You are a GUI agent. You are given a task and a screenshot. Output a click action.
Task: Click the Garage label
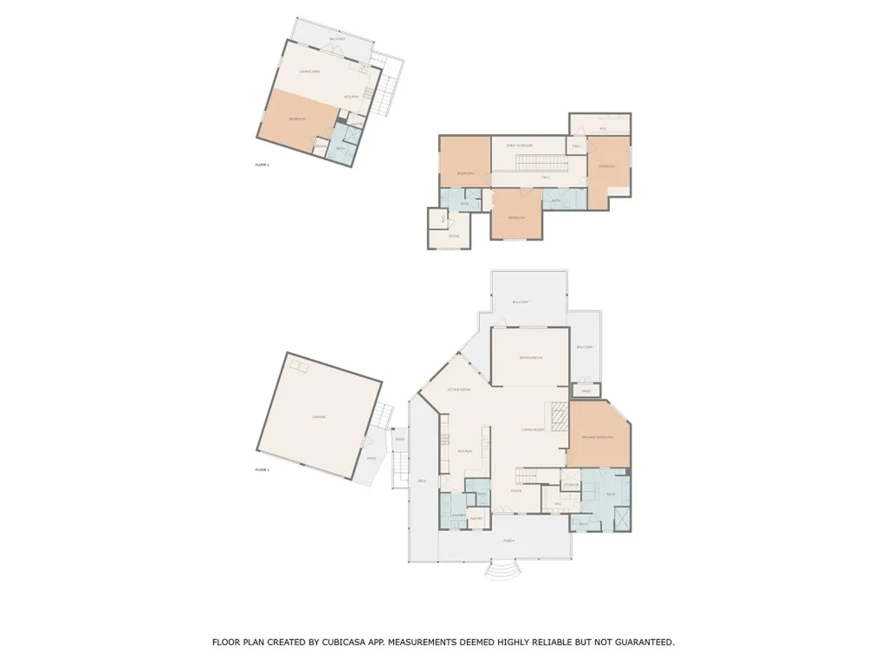[x=318, y=417]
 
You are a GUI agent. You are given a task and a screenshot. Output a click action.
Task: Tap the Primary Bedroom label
[x=599, y=437]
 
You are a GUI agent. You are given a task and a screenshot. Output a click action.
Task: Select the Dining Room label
[x=530, y=358]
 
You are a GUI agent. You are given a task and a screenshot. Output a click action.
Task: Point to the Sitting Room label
[x=458, y=390]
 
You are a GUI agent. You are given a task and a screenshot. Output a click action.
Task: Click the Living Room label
[x=532, y=429]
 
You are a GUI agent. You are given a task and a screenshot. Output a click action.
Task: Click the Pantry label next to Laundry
[x=476, y=519]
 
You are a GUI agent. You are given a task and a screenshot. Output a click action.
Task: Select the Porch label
[x=509, y=540]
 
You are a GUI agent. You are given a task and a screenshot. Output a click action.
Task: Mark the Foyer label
[x=515, y=491]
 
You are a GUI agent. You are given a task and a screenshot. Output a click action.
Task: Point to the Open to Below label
[x=520, y=145]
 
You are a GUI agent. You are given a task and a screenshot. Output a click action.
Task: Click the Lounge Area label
[x=310, y=71]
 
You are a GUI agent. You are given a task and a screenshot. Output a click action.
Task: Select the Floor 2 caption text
[x=262, y=165]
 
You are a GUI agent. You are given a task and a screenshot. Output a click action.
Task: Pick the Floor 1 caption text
[x=262, y=469]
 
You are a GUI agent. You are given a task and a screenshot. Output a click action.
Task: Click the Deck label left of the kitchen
[x=422, y=481]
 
